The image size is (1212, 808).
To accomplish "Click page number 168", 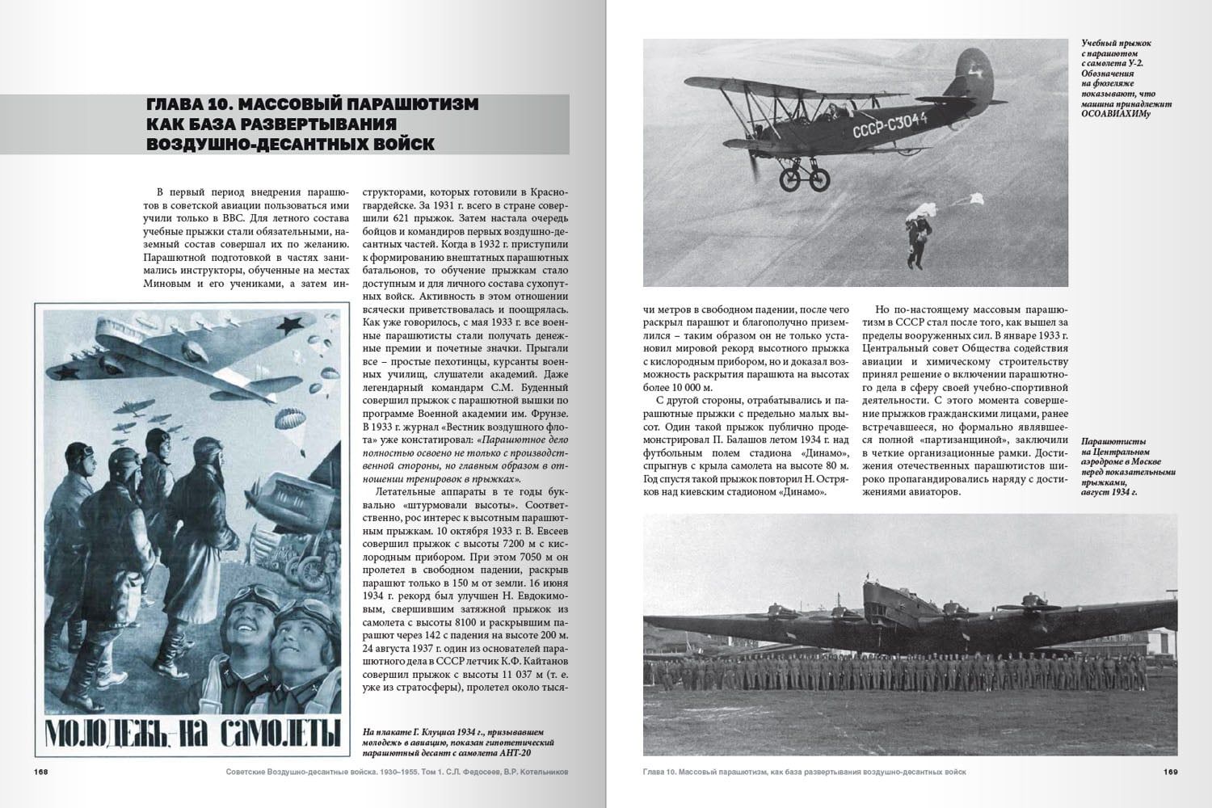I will coord(41,772).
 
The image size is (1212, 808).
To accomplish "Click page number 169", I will coord(1170,772).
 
